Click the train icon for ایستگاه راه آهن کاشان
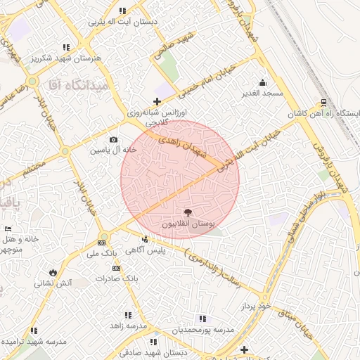(323, 100)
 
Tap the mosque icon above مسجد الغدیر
(263, 82)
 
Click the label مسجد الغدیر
(263, 93)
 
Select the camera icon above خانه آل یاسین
(113, 140)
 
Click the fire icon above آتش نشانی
(53, 272)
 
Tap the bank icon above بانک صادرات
(116, 268)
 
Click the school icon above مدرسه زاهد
(129, 315)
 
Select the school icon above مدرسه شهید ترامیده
(33, 330)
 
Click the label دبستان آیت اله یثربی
(122, 22)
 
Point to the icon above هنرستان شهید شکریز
(66, 46)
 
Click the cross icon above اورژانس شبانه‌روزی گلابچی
(156, 101)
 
